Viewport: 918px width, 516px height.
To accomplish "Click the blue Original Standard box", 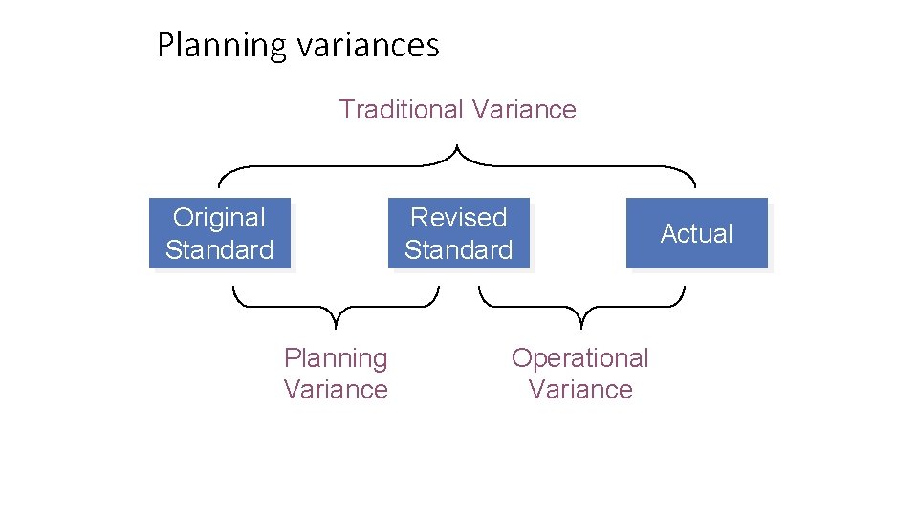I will coord(220,233).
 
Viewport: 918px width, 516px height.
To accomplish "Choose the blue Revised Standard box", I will coord(458,233).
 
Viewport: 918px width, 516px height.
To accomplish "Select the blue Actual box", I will coord(696,233).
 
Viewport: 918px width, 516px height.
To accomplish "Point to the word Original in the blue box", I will coord(219,218).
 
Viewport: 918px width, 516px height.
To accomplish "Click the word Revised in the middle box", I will coord(458,218).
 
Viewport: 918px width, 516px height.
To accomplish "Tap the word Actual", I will coord(696,234).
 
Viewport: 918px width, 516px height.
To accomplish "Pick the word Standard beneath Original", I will coord(219,250).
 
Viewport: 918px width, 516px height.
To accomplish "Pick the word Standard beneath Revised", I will coord(458,250).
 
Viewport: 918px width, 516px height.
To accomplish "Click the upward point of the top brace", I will coord(458,146).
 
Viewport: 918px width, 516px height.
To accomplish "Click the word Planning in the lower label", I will coord(336,358).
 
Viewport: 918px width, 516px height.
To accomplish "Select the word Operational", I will coord(579,358).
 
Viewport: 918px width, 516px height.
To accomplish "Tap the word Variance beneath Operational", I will coord(580,390).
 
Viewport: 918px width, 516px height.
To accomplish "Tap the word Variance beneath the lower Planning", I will coord(336,390).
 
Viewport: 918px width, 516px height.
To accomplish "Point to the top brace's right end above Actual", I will coord(694,185).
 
